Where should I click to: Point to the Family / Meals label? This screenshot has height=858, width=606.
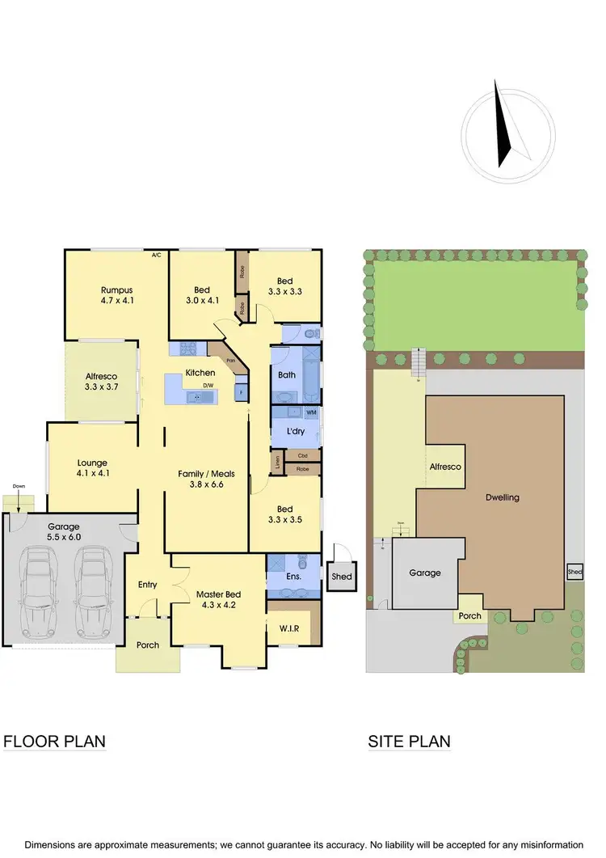[x=206, y=479]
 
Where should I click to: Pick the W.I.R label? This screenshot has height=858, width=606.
[x=292, y=628]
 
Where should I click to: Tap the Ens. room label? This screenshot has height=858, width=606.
[x=294, y=577]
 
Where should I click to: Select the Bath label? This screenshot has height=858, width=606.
[x=287, y=375]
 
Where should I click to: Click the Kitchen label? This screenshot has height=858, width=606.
[x=200, y=373]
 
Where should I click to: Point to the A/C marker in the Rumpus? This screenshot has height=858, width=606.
[x=157, y=256]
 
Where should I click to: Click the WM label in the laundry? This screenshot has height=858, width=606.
[x=311, y=413]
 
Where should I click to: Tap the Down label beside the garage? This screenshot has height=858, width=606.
[x=19, y=486]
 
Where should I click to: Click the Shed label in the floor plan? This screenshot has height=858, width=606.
[x=341, y=577]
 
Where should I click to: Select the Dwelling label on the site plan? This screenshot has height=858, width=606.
[x=503, y=498]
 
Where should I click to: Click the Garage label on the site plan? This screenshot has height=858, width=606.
[x=424, y=573]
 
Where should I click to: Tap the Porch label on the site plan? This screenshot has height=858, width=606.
[x=469, y=616]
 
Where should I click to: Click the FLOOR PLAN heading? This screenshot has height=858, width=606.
[x=55, y=741]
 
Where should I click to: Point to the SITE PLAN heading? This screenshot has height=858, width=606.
[x=409, y=741]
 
